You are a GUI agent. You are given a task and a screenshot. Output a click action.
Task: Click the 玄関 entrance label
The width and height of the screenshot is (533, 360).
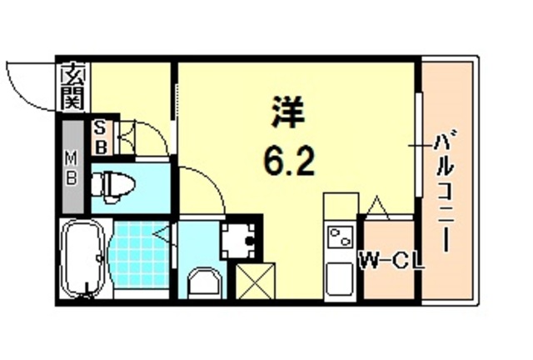tap(73, 87)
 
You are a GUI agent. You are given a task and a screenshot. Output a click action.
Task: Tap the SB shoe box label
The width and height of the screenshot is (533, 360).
tap(99, 138)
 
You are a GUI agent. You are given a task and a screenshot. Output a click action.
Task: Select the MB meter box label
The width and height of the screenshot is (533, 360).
tap(72, 166)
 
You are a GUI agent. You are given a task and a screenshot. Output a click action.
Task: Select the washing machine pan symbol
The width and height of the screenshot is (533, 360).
tap(241, 239)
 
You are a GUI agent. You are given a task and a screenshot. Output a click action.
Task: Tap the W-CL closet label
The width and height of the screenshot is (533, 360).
tap(391, 262)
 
